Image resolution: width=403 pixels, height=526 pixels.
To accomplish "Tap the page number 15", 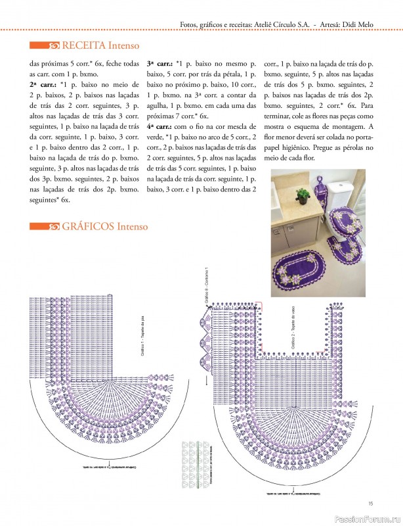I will tap(371, 503).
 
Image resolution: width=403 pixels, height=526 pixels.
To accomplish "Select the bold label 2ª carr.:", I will tap(42, 85).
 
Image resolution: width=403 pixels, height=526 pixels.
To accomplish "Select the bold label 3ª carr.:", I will tap(159, 65).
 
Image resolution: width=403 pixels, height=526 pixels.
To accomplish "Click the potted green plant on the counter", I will tap(302, 195).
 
